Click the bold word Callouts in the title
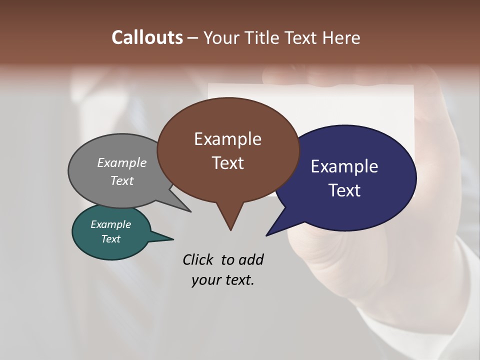point(147,37)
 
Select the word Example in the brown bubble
point(227,139)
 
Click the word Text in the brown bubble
point(227,163)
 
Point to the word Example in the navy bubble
point(344,166)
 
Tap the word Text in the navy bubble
point(344,190)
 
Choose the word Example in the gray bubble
point(122,163)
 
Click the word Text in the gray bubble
point(122,180)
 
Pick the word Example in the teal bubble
point(110,224)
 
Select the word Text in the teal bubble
point(110,239)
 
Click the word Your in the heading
point(220,37)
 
